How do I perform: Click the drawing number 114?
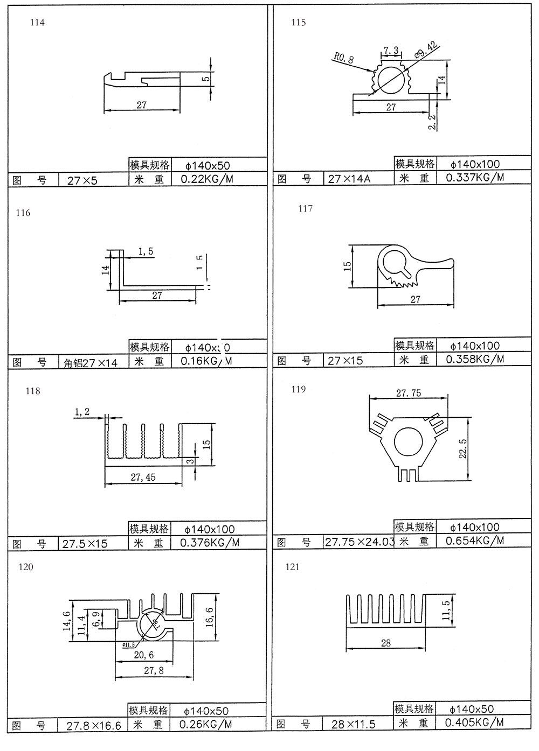38,23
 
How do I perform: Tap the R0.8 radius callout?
343,58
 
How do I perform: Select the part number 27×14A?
349,179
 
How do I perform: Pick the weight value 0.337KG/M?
475,177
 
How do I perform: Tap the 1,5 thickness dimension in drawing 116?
146,251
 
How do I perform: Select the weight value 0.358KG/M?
475,359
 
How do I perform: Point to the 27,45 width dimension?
143,476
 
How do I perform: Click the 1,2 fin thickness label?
82,412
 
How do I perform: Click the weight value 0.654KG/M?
475,541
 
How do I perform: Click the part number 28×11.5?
353,724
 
